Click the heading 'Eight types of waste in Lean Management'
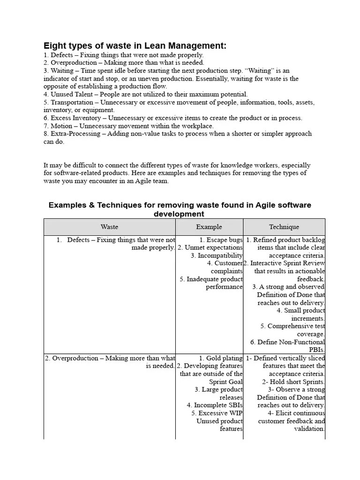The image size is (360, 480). point(135,45)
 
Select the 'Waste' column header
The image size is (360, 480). point(109,227)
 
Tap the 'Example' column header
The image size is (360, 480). point(209,227)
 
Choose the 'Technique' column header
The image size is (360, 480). point(284,227)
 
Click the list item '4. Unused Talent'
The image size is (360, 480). point(145,94)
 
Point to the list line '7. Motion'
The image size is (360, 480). point(128,126)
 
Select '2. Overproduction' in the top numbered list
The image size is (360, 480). point(124,62)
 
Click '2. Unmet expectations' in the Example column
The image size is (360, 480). point(210,247)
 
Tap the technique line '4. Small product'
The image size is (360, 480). point(300,310)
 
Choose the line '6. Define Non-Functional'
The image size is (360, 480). point(287,342)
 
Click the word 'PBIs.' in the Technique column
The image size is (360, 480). point(316,350)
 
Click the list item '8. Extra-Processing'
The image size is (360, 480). point(177,134)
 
